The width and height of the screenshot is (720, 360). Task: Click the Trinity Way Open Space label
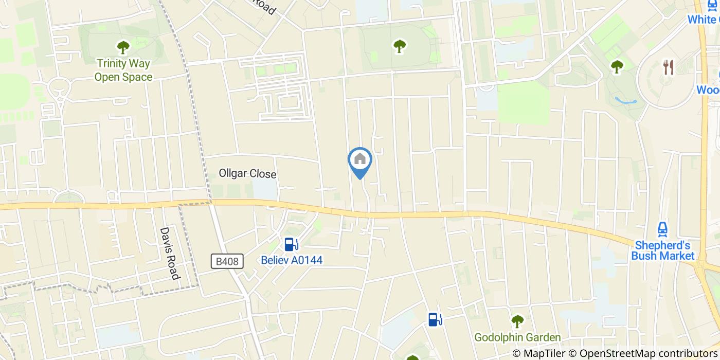tap(123, 70)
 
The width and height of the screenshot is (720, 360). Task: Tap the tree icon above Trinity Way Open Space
tap(123, 48)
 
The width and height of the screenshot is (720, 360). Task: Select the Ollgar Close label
tap(247, 174)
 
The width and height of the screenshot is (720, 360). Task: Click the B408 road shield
tap(227, 261)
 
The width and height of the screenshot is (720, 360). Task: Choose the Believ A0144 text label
tap(292, 260)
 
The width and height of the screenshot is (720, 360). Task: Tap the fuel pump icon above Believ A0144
tap(291, 244)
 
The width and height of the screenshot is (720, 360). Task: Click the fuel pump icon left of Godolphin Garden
tap(435, 319)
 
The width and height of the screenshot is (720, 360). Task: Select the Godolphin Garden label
tap(517, 337)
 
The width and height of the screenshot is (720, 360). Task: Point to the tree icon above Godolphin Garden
tap(517, 321)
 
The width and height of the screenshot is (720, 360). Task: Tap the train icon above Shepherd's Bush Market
tap(663, 228)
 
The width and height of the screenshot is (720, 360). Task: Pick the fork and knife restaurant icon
tap(668, 67)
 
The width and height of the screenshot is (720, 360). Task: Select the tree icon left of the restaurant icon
tap(617, 66)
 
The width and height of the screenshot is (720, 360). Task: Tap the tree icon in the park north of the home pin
tap(400, 46)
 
